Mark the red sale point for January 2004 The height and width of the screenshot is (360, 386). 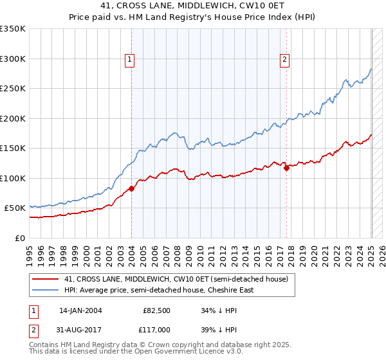[x=131, y=188]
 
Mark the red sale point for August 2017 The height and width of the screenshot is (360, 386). [x=287, y=168]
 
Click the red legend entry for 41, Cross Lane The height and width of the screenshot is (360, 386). [x=179, y=279]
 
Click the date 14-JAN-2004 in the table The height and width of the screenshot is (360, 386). [x=80, y=310]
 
